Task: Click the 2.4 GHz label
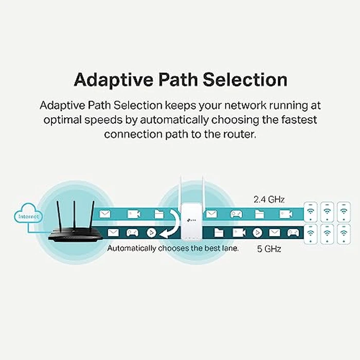269,199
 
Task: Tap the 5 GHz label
269,249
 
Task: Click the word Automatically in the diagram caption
133,248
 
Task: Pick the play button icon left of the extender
151,232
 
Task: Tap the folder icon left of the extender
159,213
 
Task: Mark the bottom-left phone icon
311,233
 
